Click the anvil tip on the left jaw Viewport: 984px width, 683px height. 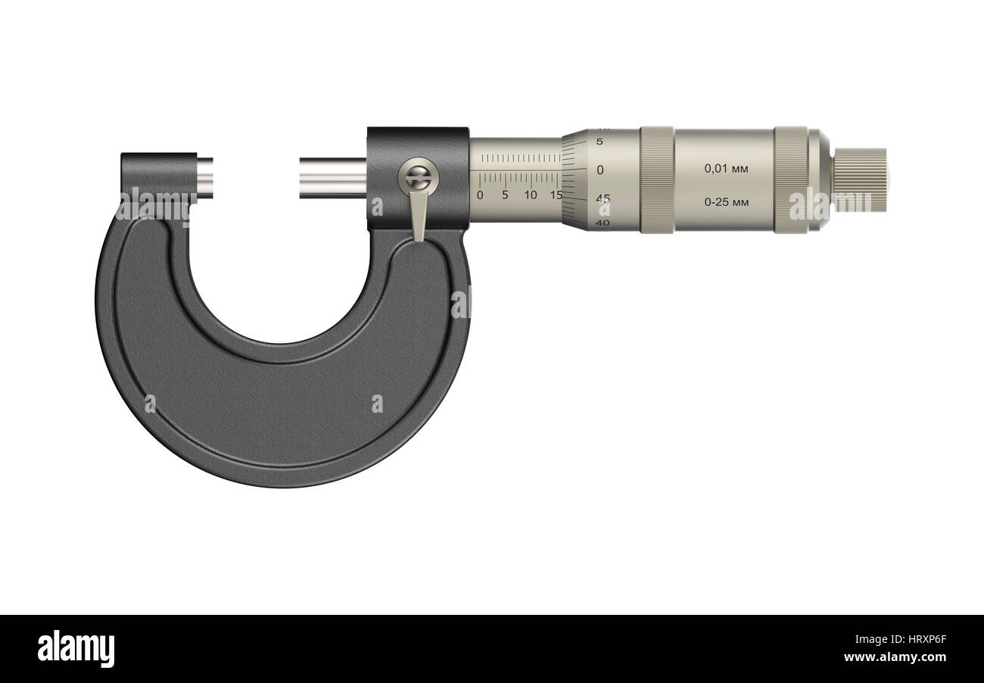pyautogui.click(x=204, y=176)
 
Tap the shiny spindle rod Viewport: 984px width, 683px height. pyautogui.click(x=332, y=177)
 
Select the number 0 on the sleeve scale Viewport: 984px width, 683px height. pyautogui.click(x=479, y=195)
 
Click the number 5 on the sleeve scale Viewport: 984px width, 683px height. pyautogui.click(x=505, y=195)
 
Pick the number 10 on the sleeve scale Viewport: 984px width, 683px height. pyautogui.click(x=531, y=195)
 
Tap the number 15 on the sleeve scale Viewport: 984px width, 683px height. pyautogui.click(x=556, y=195)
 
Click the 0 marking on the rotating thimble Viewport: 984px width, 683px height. pyautogui.click(x=600, y=170)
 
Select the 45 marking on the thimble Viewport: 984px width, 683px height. pyautogui.click(x=603, y=199)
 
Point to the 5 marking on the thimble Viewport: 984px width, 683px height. pyautogui.click(x=599, y=142)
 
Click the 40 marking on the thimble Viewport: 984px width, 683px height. pyautogui.click(x=603, y=223)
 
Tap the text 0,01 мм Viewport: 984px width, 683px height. pyautogui.click(x=726, y=169)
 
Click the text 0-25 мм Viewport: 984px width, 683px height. pyautogui.click(x=726, y=202)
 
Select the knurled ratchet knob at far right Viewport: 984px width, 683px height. pyautogui.click(x=860, y=179)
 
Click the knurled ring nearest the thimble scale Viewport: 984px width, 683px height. pyautogui.click(x=656, y=179)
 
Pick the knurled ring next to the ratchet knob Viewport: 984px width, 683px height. pyautogui.click(x=790, y=179)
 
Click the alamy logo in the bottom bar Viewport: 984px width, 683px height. pyautogui.click(x=76, y=649)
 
